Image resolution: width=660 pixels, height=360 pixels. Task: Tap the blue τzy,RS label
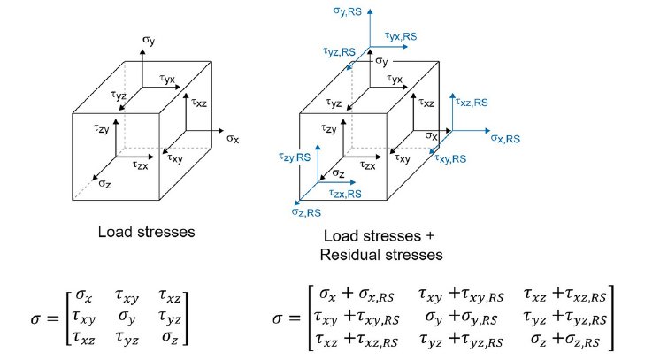[x=293, y=156]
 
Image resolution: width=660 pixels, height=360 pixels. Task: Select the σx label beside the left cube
[x=234, y=139]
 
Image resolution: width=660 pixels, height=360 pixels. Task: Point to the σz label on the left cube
[x=104, y=183]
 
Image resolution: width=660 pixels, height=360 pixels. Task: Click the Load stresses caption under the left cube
[x=148, y=233]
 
